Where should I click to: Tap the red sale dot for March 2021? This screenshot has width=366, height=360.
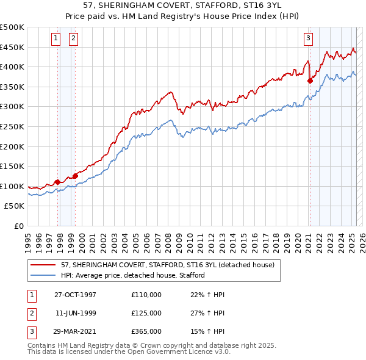click(310, 81)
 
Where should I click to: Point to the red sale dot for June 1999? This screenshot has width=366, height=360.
click(75, 176)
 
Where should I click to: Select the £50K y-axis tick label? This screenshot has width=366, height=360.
click(15, 206)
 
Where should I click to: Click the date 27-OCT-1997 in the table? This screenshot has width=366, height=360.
click(75, 295)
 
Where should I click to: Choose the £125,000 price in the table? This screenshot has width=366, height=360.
click(146, 313)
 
